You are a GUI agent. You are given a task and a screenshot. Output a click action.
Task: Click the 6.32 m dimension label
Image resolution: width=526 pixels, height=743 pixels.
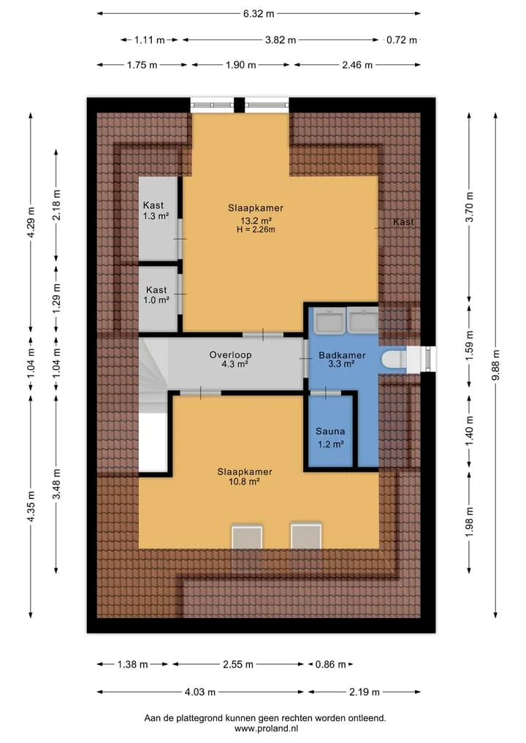[x=259, y=14]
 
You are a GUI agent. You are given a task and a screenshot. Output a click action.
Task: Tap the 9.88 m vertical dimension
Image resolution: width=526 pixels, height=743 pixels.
[x=495, y=365]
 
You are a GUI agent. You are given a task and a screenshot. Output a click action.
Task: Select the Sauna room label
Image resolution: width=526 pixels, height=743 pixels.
[x=330, y=431]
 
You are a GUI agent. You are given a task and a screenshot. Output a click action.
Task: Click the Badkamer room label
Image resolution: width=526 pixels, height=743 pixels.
[x=342, y=355]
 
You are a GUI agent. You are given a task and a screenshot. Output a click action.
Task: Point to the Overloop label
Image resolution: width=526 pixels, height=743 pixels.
[x=230, y=354]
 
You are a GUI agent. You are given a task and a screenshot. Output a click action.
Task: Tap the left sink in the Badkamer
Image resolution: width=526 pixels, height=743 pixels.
[x=331, y=319]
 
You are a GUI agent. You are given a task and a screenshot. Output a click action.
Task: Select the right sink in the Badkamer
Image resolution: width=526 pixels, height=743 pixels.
[x=362, y=319]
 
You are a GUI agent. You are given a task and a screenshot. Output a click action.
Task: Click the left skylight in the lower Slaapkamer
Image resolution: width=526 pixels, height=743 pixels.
[x=247, y=537]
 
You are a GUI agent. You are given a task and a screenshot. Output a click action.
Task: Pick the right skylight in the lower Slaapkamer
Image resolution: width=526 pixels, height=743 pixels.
[x=306, y=537]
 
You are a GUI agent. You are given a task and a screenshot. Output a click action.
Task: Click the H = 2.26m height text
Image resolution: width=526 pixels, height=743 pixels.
[x=256, y=230]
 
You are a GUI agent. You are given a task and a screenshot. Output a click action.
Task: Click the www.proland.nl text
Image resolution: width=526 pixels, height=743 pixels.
[x=266, y=729]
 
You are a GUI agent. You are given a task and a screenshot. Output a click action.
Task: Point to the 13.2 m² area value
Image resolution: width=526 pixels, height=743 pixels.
[x=256, y=221]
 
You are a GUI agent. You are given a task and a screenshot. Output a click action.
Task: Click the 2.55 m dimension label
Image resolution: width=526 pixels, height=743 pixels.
[x=238, y=664]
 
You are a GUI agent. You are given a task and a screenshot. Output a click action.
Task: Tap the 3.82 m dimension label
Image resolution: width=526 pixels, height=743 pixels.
[x=281, y=39]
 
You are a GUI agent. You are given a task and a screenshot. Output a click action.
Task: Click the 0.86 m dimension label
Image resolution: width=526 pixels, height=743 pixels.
[x=331, y=664]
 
